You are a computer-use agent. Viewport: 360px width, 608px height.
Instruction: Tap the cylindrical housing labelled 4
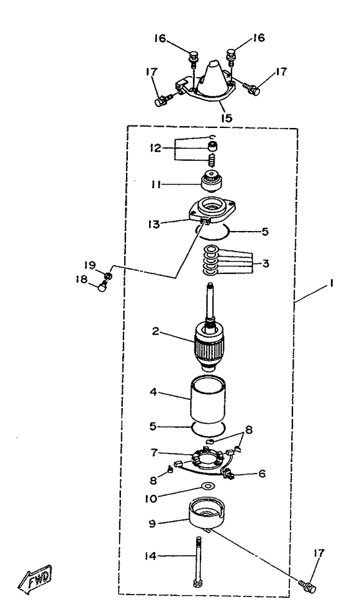[208, 401]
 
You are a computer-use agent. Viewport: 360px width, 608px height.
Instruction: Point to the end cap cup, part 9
[208, 517]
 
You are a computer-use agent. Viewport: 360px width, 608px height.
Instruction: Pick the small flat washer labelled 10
[209, 486]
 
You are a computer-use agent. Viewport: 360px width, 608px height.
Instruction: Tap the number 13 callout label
[154, 224]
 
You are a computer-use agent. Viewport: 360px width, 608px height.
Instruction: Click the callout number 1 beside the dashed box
[331, 284]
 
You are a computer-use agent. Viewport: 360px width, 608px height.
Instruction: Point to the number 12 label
[156, 148]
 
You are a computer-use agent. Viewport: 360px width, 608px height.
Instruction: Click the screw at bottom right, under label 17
[307, 586]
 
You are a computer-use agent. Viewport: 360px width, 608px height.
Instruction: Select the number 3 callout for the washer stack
[265, 263]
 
